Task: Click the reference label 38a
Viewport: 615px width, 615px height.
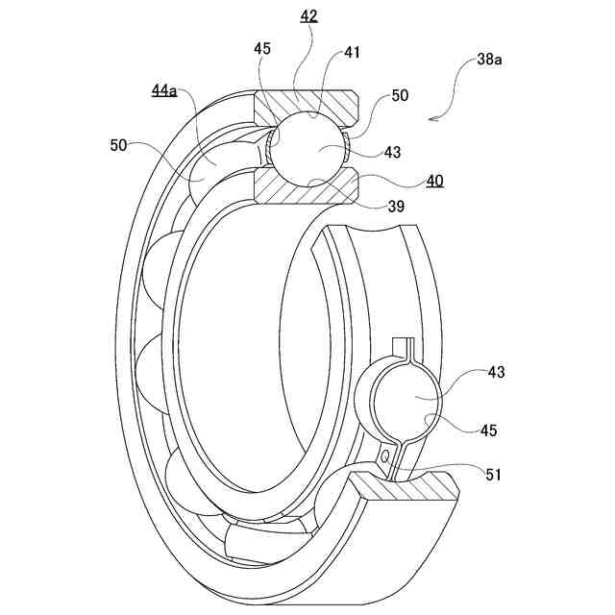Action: (x=490, y=59)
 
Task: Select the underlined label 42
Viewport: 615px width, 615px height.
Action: (x=309, y=16)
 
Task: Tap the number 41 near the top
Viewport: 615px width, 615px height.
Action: (x=353, y=53)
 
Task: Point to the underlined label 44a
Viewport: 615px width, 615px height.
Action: (x=164, y=90)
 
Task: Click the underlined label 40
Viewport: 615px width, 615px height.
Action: (x=434, y=181)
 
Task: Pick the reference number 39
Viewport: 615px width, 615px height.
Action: (x=395, y=207)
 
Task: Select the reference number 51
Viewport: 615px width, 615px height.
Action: (x=494, y=474)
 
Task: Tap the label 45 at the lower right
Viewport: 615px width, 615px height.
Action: (x=489, y=430)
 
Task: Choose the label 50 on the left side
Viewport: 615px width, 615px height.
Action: (x=118, y=145)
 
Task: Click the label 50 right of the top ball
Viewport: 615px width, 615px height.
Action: (x=400, y=97)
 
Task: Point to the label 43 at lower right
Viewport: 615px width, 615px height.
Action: (x=496, y=372)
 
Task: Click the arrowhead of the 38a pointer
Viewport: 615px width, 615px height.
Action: (x=433, y=119)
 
